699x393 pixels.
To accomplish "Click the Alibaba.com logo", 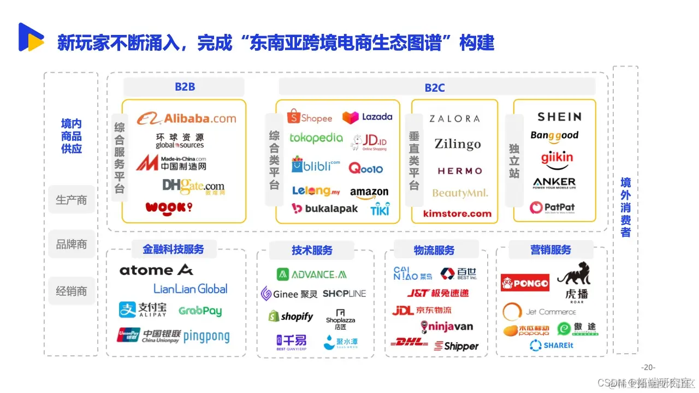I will tap(186, 118).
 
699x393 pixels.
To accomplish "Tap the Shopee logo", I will tap(310, 117).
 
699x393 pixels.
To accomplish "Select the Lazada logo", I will tap(368, 117).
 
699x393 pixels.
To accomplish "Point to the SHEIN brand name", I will tap(559, 116).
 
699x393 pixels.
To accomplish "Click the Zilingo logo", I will tap(458, 144).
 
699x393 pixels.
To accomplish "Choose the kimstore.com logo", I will tap(457, 213).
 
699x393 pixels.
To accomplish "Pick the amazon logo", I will tap(369, 193).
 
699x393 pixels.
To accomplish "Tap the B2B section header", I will tap(185, 87).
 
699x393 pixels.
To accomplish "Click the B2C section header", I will tap(435, 87).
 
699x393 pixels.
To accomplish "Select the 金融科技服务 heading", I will tap(173, 249).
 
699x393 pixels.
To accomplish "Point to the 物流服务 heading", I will tap(434, 250).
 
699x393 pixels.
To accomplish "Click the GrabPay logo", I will tap(200, 311).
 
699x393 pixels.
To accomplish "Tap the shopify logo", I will tap(291, 317).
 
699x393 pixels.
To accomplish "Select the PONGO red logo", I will tap(525, 283).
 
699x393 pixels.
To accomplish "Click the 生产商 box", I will tap(72, 200).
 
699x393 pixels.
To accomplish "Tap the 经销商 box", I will tap(72, 291).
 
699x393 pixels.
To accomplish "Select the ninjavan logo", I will tap(447, 327).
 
